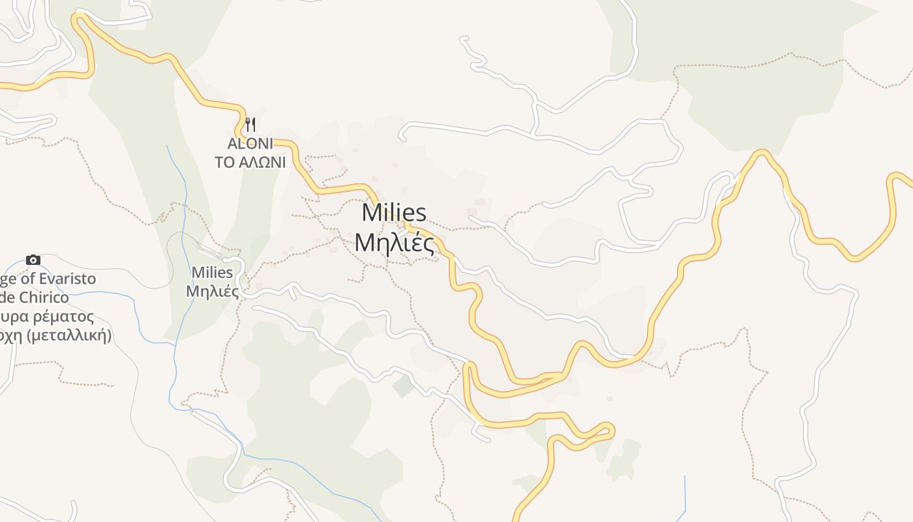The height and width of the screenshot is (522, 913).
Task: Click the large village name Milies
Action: pos(394,213)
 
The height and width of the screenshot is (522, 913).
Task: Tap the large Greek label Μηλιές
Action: pos(394,242)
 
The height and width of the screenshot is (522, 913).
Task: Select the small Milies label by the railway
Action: pos(212,273)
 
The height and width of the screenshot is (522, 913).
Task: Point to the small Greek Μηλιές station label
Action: pos(212,291)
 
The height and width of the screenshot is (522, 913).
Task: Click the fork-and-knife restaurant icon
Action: pos(250,124)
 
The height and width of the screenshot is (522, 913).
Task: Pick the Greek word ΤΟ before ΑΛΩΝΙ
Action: pos(224,162)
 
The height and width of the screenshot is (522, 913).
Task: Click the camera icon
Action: pos(33,260)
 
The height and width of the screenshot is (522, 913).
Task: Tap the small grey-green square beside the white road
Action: pos(403,386)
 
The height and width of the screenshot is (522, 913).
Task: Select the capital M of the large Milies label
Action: pos(371,213)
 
